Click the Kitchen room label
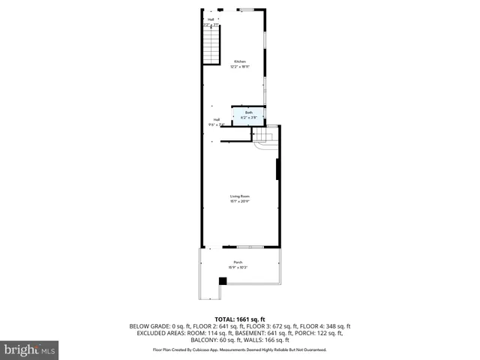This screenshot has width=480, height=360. coord(239,61)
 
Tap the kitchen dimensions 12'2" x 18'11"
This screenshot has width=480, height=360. coord(239,67)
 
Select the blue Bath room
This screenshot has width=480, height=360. coord(248,115)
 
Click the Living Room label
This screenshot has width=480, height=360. coord(239,196)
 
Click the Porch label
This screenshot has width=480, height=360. coord(238,262)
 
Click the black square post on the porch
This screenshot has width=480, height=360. coord(222,281)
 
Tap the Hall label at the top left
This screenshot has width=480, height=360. coord(211,19)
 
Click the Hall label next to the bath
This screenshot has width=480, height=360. coord(216,119)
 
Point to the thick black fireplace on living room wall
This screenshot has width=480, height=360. coord(277,169)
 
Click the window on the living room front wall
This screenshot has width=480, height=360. coord(249,247)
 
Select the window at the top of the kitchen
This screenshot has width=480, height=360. coord(246,10)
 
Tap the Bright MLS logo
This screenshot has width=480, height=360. coord(29,349)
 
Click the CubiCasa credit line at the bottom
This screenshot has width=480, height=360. coord(239,349)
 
